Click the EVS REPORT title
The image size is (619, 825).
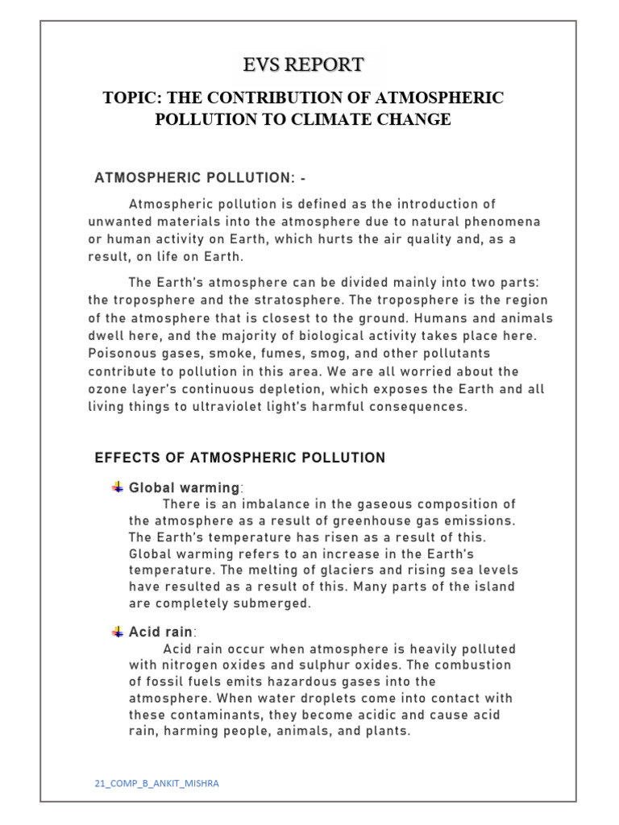[304, 64]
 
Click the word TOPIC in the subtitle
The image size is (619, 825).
[130, 97]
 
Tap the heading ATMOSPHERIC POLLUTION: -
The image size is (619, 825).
[200, 177]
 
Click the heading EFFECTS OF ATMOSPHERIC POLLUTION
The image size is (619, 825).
[240, 458]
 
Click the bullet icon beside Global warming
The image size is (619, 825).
[118, 487]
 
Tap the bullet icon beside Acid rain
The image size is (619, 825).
[118, 632]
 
